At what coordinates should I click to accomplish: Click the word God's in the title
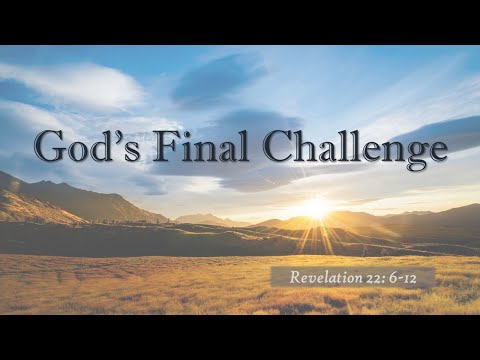point(84,147)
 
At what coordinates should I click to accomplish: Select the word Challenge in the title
point(354,147)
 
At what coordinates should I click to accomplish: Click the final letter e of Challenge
point(436,151)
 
